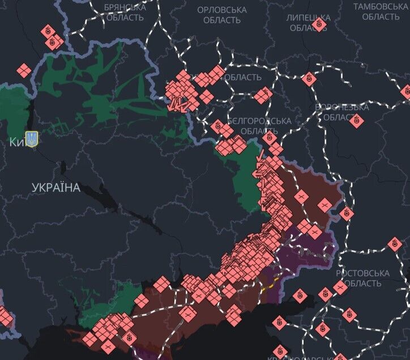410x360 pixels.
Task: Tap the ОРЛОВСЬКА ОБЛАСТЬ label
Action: [x=222, y=15]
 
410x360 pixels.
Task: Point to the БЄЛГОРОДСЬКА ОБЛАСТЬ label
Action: [x=259, y=126]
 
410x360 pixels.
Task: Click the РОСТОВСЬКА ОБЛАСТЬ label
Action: [x=362, y=278]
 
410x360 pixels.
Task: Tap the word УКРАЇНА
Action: [x=56, y=188]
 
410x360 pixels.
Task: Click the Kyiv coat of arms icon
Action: [x=32, y=139]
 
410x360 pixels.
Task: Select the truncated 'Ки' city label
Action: [x=15, y=142]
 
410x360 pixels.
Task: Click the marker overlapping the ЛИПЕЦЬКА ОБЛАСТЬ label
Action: [x=320, y=24]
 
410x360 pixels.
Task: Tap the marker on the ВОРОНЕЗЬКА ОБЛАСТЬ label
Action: [x=356, y=120]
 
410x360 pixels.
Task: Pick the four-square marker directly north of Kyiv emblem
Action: [x=23, y=71]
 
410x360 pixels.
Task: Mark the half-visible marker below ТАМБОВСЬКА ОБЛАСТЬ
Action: [x=406, y=92]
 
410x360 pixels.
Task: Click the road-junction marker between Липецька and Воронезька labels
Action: [x=309, y=79]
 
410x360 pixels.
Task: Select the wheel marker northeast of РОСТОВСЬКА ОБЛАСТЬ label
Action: [x=395, y=244]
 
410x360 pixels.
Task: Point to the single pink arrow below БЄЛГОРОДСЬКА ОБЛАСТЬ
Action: [x=260, y=155]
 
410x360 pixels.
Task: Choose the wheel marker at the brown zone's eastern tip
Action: [x=347, y=214]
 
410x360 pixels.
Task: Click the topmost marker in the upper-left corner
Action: [x=48, y=30]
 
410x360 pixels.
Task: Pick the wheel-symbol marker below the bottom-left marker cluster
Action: [x=129, y=337]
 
